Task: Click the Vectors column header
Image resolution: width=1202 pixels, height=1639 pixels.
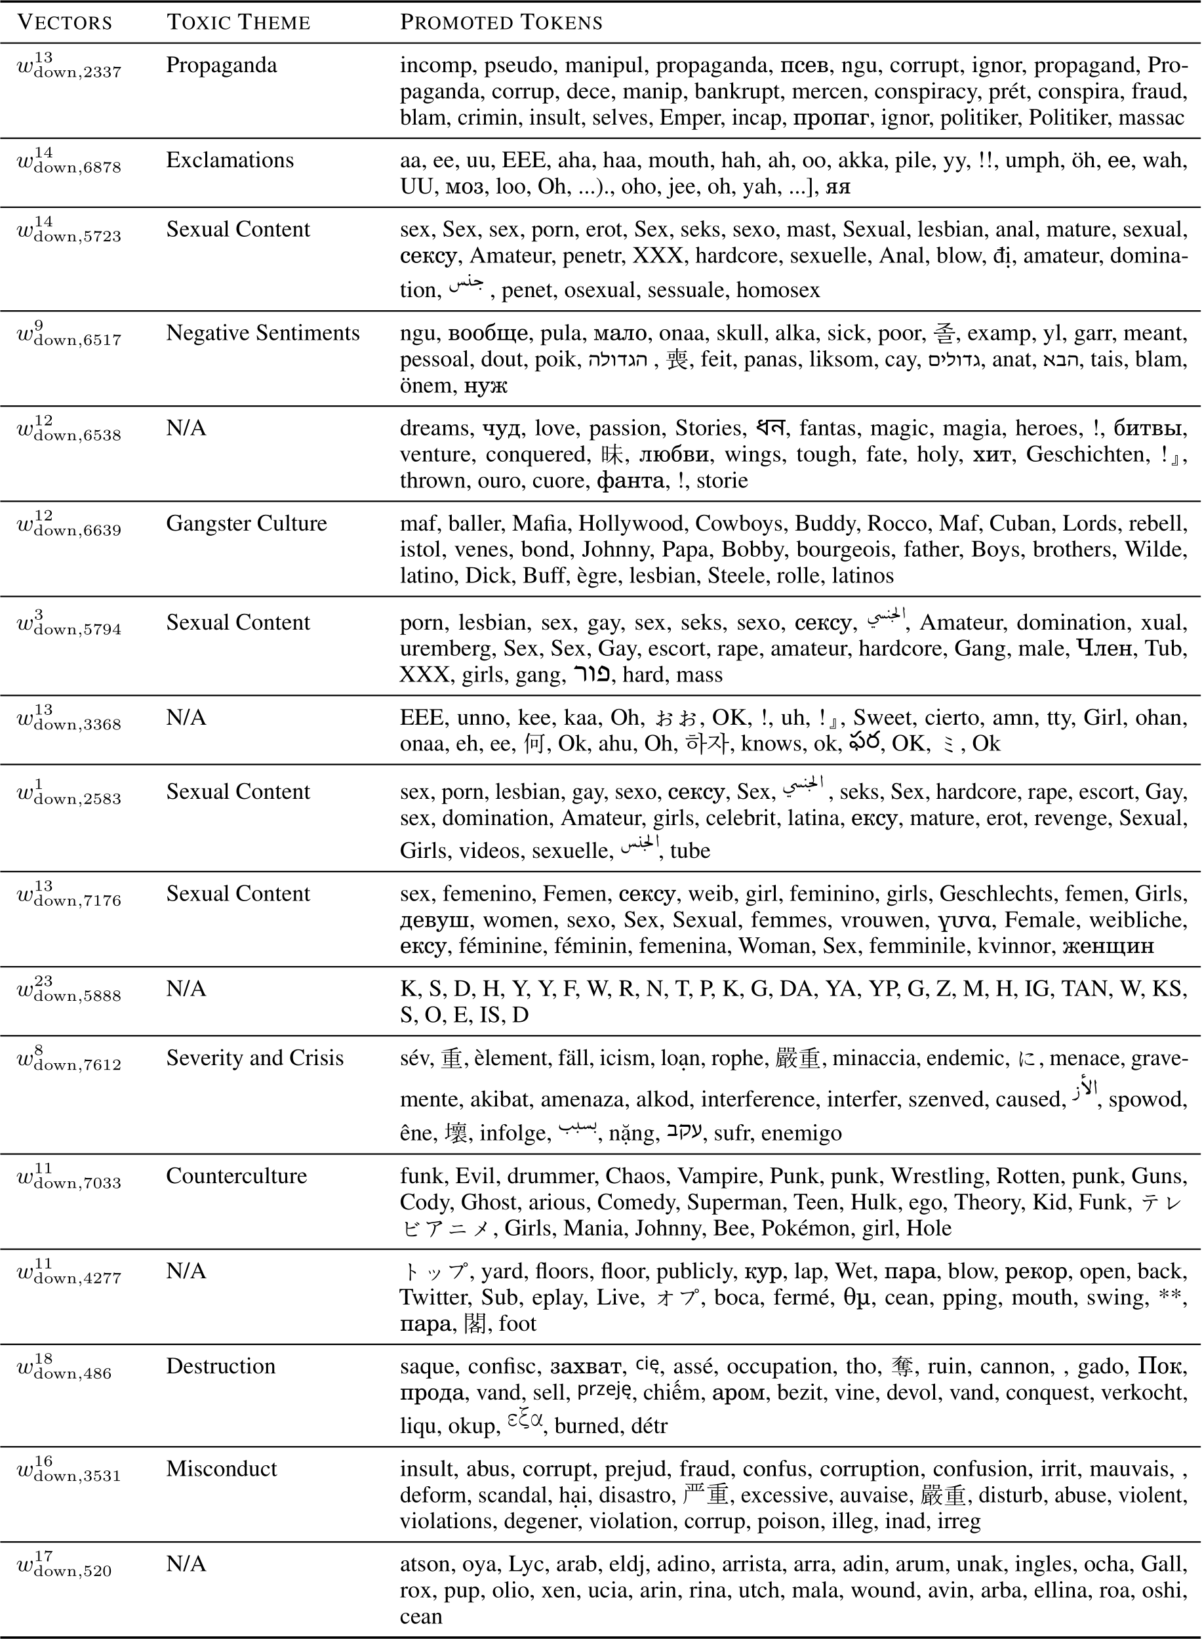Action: point(65,22)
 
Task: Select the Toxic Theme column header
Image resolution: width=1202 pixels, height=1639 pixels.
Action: point(239,22)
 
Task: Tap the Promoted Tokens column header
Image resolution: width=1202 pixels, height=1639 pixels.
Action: point(501,22)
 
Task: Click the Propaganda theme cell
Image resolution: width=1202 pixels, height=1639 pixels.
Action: point(221,66)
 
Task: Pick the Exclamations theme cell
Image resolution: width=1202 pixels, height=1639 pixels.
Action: point(230,160)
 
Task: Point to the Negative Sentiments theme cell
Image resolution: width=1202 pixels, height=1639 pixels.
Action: point(263,333)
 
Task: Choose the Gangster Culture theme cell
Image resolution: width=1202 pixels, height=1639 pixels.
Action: point(247,523)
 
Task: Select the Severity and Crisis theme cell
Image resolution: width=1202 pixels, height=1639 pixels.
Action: point(254,1057)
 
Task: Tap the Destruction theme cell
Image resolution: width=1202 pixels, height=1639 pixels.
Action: point(220,1366)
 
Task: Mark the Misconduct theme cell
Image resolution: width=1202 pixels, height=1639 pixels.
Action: point(221,1468)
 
